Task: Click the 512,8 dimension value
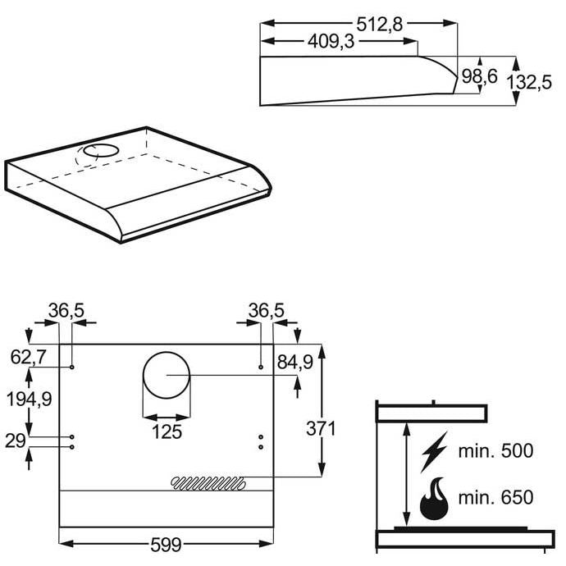(x=379, y=25)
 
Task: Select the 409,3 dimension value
(x=331, y=42)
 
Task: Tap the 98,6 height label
(x=479, y=76)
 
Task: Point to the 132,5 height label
(x=529, y=82)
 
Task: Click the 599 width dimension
(x=166, y=545)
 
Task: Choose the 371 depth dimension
(x=321, y=429)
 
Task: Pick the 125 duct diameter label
(x=167, y=431)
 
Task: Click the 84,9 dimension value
(x=295, y=362)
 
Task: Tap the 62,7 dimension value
(x=28, y=358)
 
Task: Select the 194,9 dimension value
(x=30, y=399)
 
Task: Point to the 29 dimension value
(x=15, y=440)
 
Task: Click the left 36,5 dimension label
(x=66, y=310)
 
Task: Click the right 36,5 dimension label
(x=266, y=310)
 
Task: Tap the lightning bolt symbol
(x=434, y=451)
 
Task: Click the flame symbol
(x=434, y=499)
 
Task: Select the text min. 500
(x=495, y=451)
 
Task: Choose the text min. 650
(x=495, y=497)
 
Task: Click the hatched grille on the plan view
(x=208, y=482)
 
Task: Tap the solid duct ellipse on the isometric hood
(x=101, y=151)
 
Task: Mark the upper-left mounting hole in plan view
(x=72, y=367)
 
